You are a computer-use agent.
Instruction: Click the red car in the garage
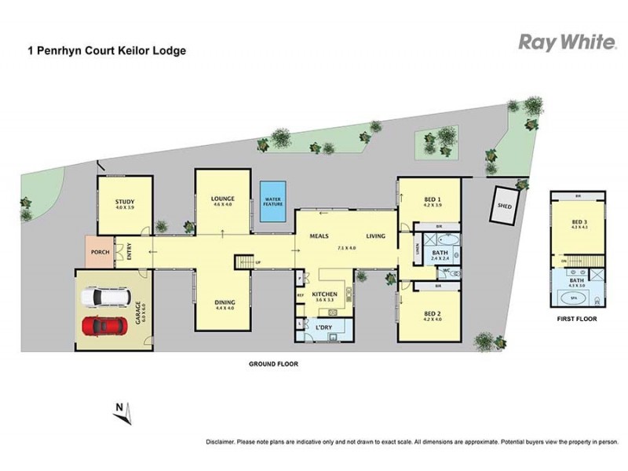click(103, 324)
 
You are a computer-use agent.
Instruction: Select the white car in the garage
click(103, 298)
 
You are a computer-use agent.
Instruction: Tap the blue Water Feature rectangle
click(272, 200)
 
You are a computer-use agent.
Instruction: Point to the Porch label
click(99, 252)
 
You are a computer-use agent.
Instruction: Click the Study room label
click(125, 202)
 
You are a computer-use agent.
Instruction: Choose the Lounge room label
click(222, 199)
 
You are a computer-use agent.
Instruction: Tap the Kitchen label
click(324, 294)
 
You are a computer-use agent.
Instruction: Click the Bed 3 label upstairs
click(579, 222)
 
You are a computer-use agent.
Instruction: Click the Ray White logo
click(567, 42)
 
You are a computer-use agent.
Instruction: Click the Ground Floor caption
click(273, 364)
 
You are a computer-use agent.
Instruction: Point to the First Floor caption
click(577, 319)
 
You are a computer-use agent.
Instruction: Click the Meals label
click(318, 235)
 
